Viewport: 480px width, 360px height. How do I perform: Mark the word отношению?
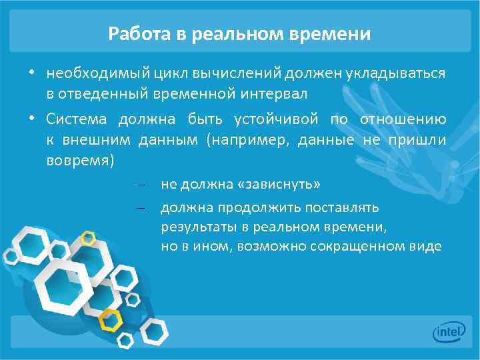coord(403,119)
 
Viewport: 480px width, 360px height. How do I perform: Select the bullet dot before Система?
coord(31,119)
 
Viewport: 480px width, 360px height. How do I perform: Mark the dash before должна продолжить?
coord(141,208)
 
